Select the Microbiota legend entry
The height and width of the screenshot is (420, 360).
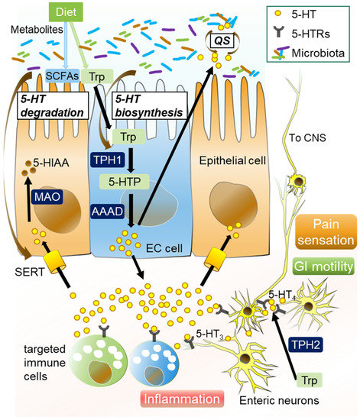[x=322, y=53]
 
